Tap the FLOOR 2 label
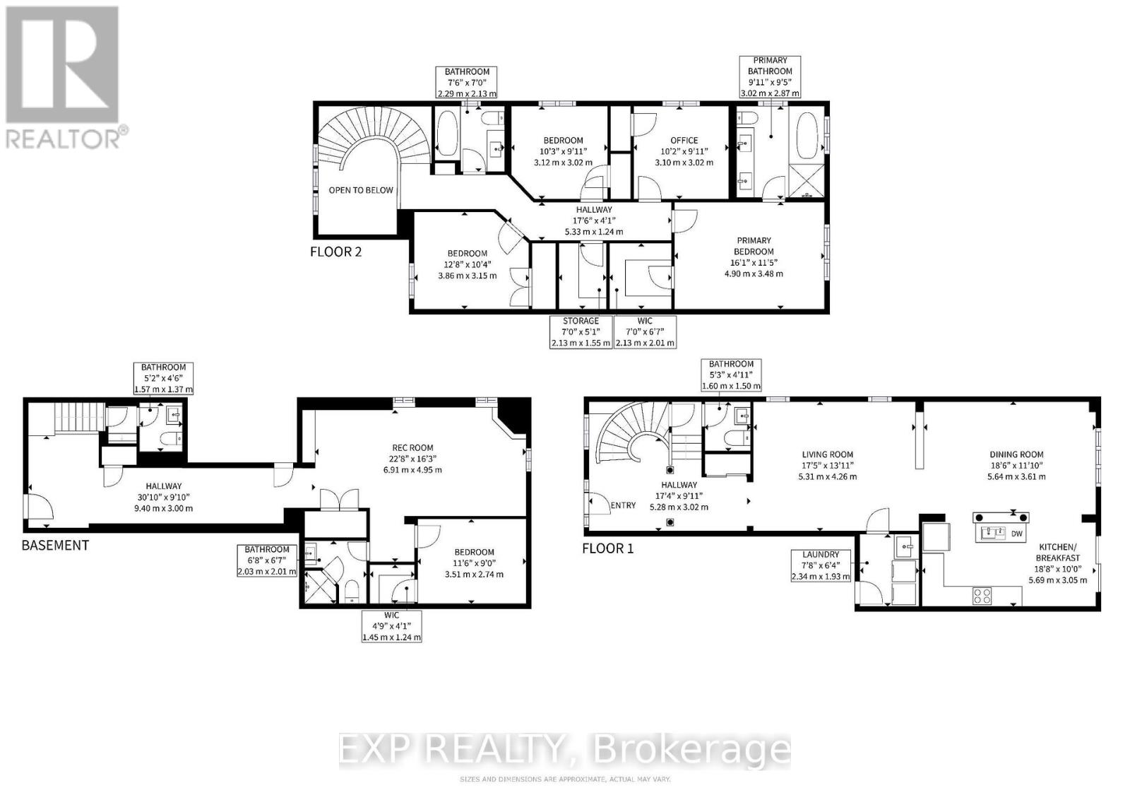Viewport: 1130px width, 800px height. tap(335, 252)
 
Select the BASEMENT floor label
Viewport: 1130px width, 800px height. tap(55, 545)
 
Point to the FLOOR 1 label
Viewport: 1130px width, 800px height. tap(607, 548)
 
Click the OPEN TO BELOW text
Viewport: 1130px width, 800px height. tap(361, 190)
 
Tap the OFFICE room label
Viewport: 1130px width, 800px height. tap(684, 141)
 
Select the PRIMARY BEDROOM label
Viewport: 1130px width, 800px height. tap(754, 246)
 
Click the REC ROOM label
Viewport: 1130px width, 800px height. tap(413, 447)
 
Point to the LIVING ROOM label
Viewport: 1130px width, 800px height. tap(827, 454)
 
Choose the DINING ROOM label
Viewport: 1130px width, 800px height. tap(1016, 454)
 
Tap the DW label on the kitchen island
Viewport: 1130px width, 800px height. tap(1017, 534)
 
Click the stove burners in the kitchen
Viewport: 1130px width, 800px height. tap(982, 595)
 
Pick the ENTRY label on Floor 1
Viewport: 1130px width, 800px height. tap(623, 505)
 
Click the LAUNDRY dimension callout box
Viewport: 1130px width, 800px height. tap(820, 565)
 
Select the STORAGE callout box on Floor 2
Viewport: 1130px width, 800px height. tap(581, 332)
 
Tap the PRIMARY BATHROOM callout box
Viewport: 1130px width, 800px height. tap(770, 77)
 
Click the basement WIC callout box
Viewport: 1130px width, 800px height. tap(391, 626)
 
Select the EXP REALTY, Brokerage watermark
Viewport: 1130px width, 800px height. tap(565, 750)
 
